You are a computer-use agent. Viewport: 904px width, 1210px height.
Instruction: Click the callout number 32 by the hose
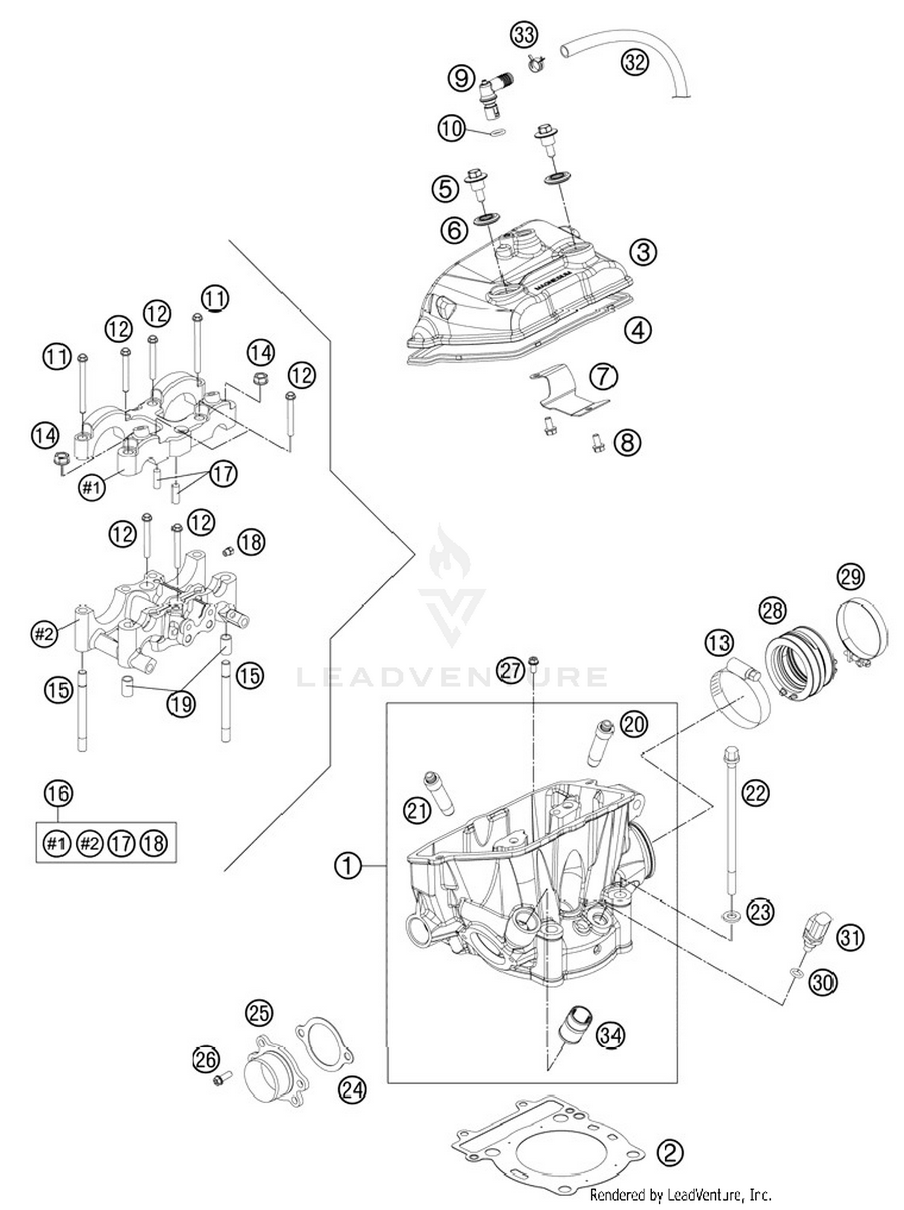[635, 61]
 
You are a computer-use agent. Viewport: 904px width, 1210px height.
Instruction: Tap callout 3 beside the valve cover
[643, 251]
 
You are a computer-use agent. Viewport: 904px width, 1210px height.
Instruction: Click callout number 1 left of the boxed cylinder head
[348, 866]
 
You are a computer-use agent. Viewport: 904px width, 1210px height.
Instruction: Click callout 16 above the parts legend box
[58, 793]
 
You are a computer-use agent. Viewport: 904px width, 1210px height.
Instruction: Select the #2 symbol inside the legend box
[89, 843]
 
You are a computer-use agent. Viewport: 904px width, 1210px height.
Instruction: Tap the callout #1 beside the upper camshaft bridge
[92, 487]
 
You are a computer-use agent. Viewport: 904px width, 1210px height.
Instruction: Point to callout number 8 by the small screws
[627, 443]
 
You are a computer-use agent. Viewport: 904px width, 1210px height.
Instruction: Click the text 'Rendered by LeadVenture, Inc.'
[680, 1194]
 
